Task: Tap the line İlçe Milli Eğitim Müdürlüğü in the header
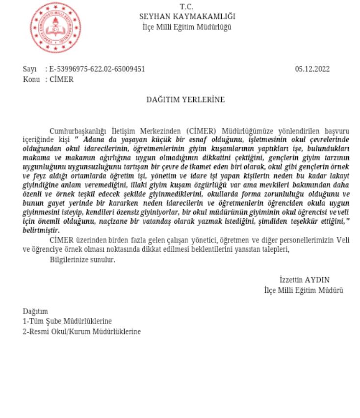(186, 26)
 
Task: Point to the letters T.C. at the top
(186, 7)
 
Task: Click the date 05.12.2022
(312, 69)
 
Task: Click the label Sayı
(30, 69)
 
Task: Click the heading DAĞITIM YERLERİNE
(186, 100)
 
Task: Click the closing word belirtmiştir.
(41, 230)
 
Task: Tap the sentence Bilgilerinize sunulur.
(82, 260)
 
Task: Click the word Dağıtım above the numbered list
(35, 312)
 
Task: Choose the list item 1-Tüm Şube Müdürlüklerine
(68, 321)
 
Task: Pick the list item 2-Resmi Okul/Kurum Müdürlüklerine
(81, 332)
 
